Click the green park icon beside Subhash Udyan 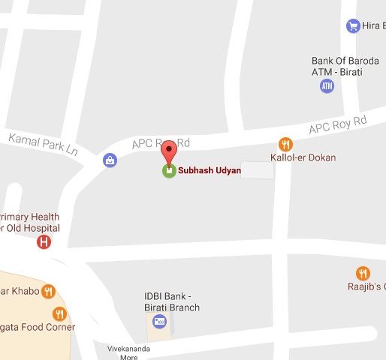(169, 170)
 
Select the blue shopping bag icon (110, 160)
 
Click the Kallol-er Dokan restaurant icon (285, 143)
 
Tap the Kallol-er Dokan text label (303, 158)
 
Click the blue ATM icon (327, 86)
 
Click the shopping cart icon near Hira (352, 26)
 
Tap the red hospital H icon (44, 241)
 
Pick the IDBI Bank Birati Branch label (172, 301)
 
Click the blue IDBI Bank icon (158, 322)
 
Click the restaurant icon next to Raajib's (363, 273)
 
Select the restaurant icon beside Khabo (49, 291)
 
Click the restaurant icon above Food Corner (59, 313)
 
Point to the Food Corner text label (38, 328)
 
